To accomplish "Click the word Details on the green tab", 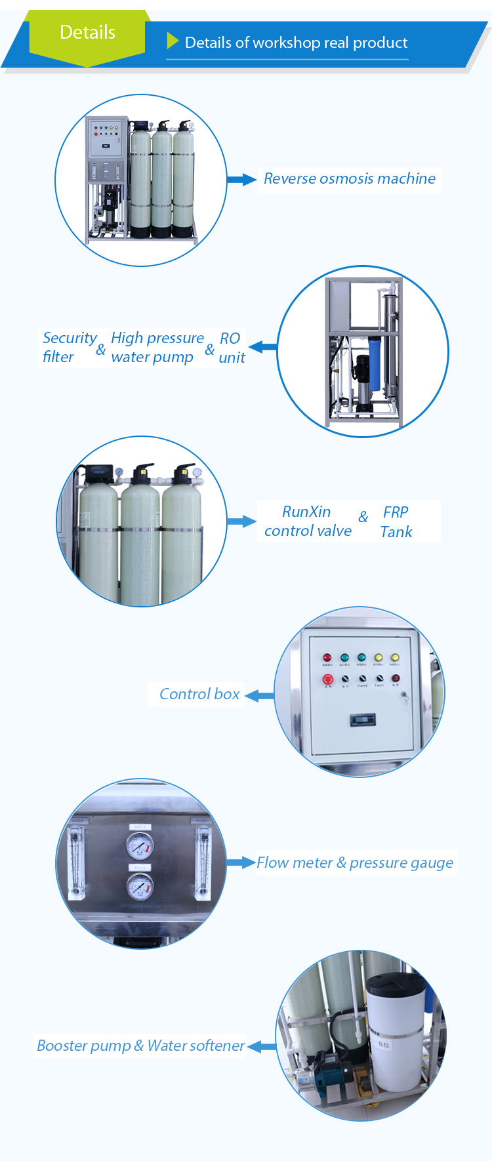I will pos(87,32).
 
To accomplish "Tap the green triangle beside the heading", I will pos(173,41).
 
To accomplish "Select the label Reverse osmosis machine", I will pos(349,178).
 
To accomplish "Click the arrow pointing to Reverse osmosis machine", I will pos(241,179).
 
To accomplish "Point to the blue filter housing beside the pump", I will pos(376,362).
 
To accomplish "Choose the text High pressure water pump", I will pos(157,347).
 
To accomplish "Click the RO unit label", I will pos(231,348).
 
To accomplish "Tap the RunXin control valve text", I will pos(307,521).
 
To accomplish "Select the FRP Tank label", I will pos(396,521).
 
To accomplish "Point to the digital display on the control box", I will pos(362,720).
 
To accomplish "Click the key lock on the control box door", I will pos(404,695).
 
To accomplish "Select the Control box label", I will pos(199,694).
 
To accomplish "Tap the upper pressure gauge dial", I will pos(139,845).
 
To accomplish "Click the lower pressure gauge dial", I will pos(139,888).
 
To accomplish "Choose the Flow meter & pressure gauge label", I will pos(354,863).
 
